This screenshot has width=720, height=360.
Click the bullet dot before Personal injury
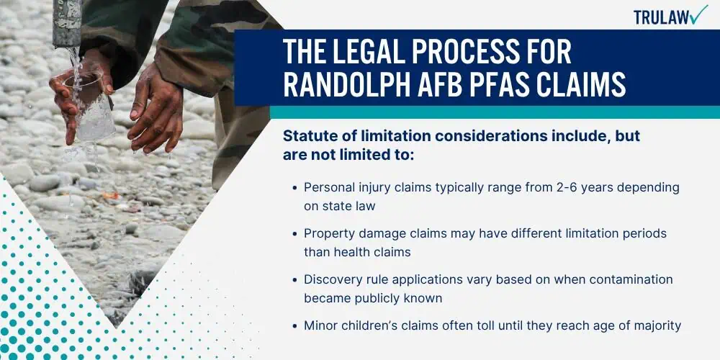(294, 188)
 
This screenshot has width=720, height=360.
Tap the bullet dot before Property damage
(294, 234)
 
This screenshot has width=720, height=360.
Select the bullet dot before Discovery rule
(294, 280)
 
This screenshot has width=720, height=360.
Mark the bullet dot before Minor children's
(294, 326)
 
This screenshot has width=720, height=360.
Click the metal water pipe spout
(67, 23)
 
